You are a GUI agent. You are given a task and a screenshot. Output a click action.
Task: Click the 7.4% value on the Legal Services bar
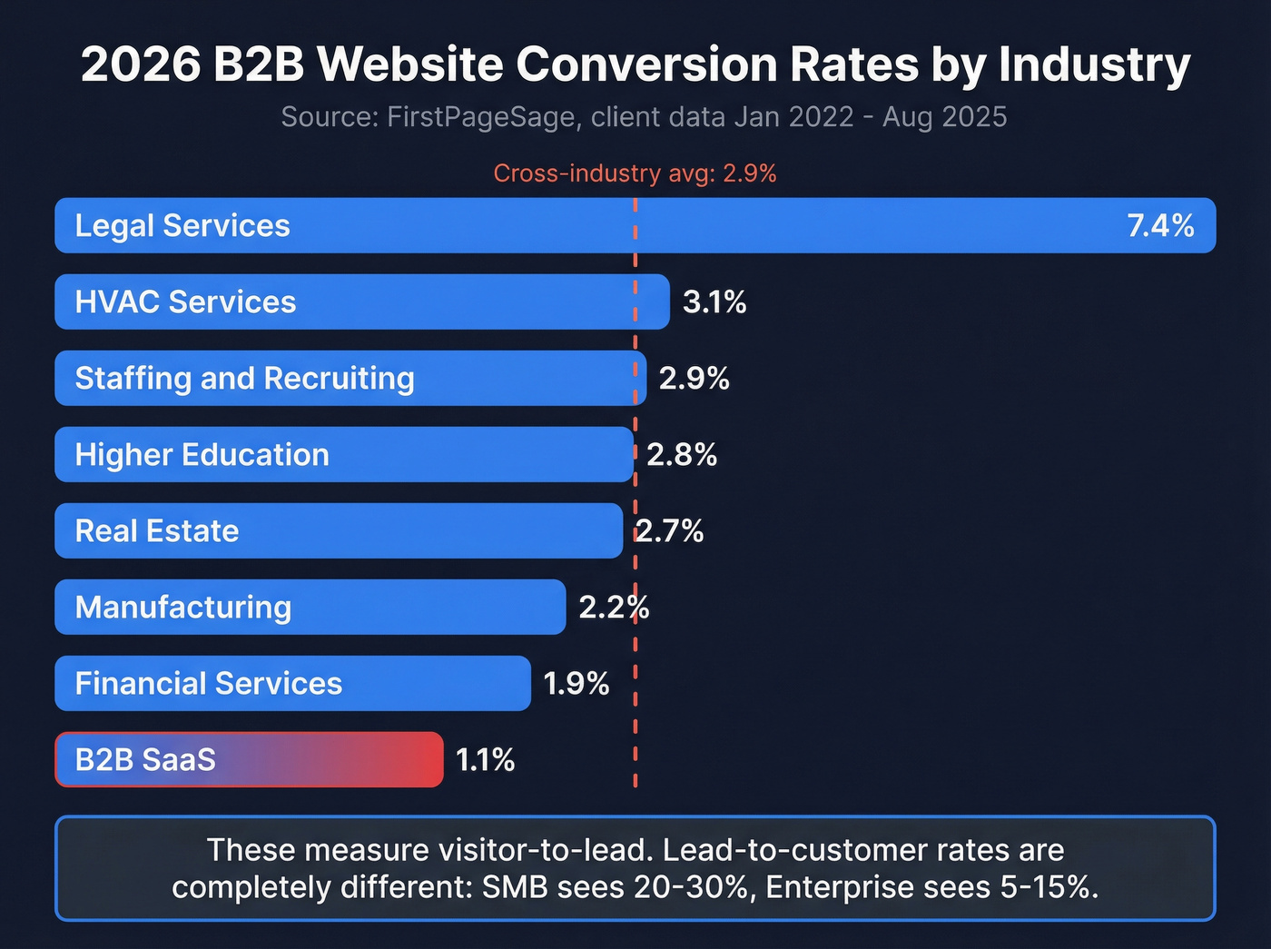pyautogui.click(x=1160, y=225)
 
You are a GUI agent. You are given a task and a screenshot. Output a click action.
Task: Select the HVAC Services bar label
pyautogui.click(x=185, y=302)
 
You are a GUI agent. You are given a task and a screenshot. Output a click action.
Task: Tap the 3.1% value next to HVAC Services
pyautogui.click(x=714, y=302)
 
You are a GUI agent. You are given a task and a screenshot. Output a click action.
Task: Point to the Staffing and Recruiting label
pyautogui.click(x=244, y=378)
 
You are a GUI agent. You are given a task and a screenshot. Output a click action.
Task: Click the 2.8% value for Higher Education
pyautogui.click(x=682, y=454)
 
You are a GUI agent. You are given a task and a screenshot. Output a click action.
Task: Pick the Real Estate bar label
pyautogui.click(x=157, y=530)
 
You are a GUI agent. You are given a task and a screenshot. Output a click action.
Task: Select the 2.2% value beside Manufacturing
pyautogui.click(x=614, y=607)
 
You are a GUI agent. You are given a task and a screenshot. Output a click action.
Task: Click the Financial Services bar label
pyautogui.click(x=208, y=683)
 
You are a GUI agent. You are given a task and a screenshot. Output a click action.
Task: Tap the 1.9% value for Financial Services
pyautogui.click(x=576, y=683)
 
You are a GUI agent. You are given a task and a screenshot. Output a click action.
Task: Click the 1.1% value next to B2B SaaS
pyautogui.click(x=485, y=759)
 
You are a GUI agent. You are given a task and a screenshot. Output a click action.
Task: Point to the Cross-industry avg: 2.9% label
pyautogui.click(x=635, y=173)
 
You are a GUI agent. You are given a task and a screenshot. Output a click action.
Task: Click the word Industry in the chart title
pyautogui.click(x=1094, y=65)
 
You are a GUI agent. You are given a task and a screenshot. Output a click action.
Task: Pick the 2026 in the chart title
pyautogui.click(x=141, y=65)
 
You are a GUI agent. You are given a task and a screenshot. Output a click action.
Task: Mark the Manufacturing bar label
pyautogui.click(x=183, y=607)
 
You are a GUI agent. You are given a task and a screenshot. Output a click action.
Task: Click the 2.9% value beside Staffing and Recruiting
pyautogui.click(x=694, y=378)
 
